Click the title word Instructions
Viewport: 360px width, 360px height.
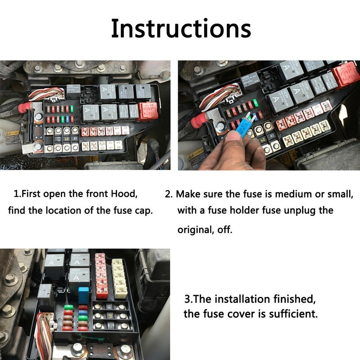point(181,29)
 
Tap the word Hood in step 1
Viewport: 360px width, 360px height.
point(123,194)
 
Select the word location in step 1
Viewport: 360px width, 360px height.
point(70,210)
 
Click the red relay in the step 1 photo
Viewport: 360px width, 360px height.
point(148,111)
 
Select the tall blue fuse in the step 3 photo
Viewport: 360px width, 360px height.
point(84,295)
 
